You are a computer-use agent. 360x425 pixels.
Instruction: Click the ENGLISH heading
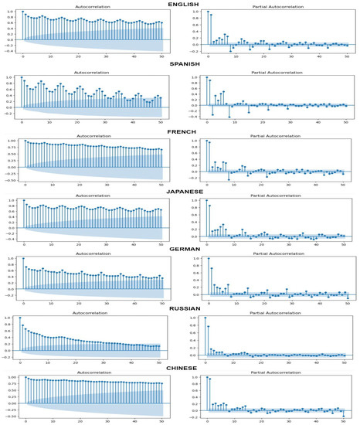(179, 4)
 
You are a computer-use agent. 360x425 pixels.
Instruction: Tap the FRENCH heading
(179, 128)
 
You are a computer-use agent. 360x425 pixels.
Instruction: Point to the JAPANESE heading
(179, 189)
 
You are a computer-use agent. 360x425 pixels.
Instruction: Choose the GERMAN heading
(179, 250)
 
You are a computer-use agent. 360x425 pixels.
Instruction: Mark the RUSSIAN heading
(179, 308)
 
